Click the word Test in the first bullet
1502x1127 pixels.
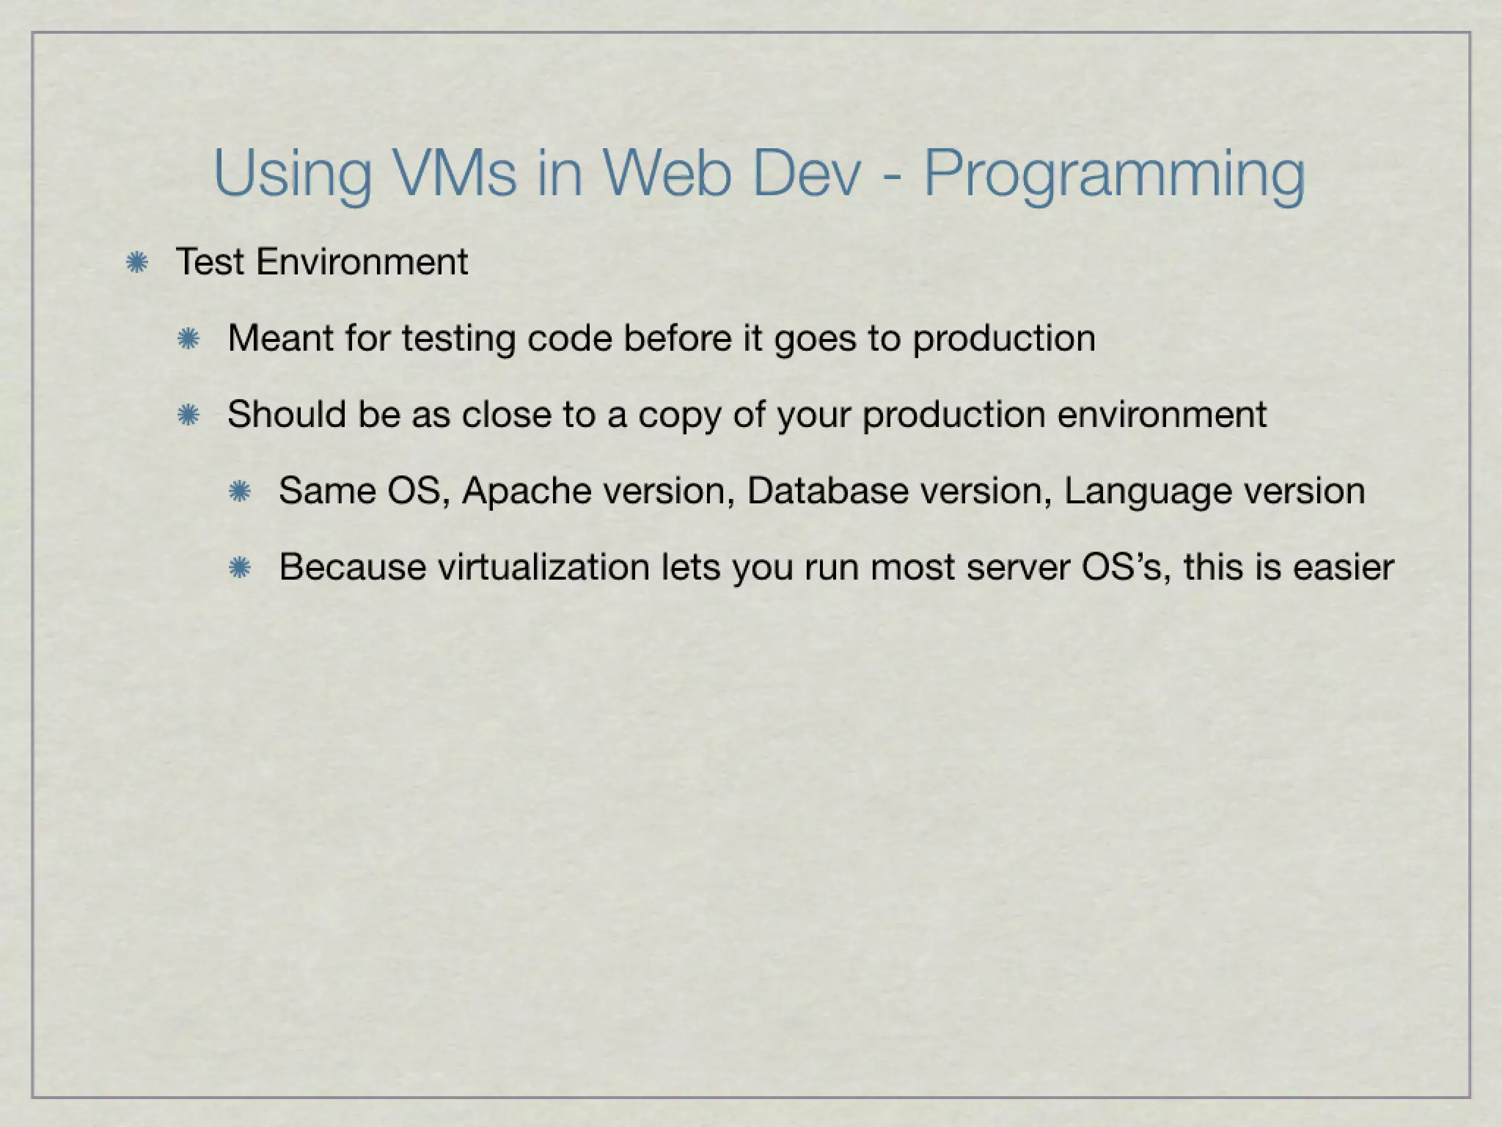coord(210,262)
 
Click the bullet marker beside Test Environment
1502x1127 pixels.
coord(136,263)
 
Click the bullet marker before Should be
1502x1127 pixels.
coord(188,415)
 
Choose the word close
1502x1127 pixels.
coord(505,415)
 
